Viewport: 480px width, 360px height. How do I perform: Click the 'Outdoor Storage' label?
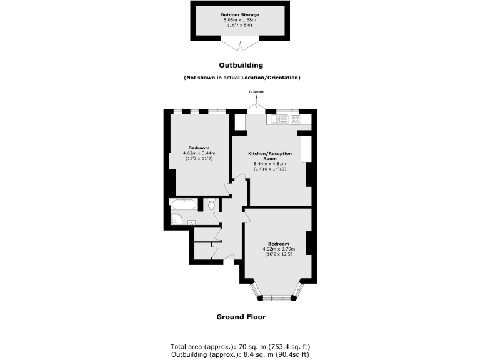[x=240, y=14]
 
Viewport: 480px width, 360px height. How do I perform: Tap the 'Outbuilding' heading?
[x=241, y=65]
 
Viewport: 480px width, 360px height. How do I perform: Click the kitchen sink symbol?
[x=279, y=119]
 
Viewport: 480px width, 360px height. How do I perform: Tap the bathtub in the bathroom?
[x=184, y=204]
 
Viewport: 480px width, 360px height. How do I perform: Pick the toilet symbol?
[x=212, y=204]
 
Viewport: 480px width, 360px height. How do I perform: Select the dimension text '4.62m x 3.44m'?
[x=199, y=153]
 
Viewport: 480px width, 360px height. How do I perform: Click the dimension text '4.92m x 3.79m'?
[x=278, y=249]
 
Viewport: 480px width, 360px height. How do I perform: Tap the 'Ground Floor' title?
[x=241, y=317]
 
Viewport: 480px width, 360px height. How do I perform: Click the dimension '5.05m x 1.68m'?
[x=240, y=20]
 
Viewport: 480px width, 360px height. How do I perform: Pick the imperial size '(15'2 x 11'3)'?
[x=199, y=159]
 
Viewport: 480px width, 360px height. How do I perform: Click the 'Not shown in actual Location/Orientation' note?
[x=241, y=77]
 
